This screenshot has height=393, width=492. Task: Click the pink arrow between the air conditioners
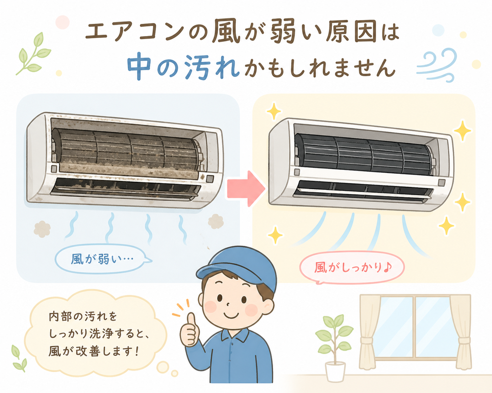(246, 188)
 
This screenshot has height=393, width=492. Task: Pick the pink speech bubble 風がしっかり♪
(352, 268)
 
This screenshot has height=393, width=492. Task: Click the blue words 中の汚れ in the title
(183, 67)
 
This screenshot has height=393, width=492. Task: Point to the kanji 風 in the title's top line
(226, 32)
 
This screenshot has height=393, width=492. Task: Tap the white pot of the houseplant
(335, 372)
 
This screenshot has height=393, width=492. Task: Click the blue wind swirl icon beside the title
(436, 65)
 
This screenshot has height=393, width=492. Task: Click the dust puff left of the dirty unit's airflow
(42, 229)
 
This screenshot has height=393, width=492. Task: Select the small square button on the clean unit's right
(442, 182)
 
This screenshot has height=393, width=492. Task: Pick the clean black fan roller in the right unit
(365, 155)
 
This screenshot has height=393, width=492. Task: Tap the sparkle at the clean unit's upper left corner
(274, 111)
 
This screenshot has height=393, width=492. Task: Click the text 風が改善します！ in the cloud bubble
(94, 351)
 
